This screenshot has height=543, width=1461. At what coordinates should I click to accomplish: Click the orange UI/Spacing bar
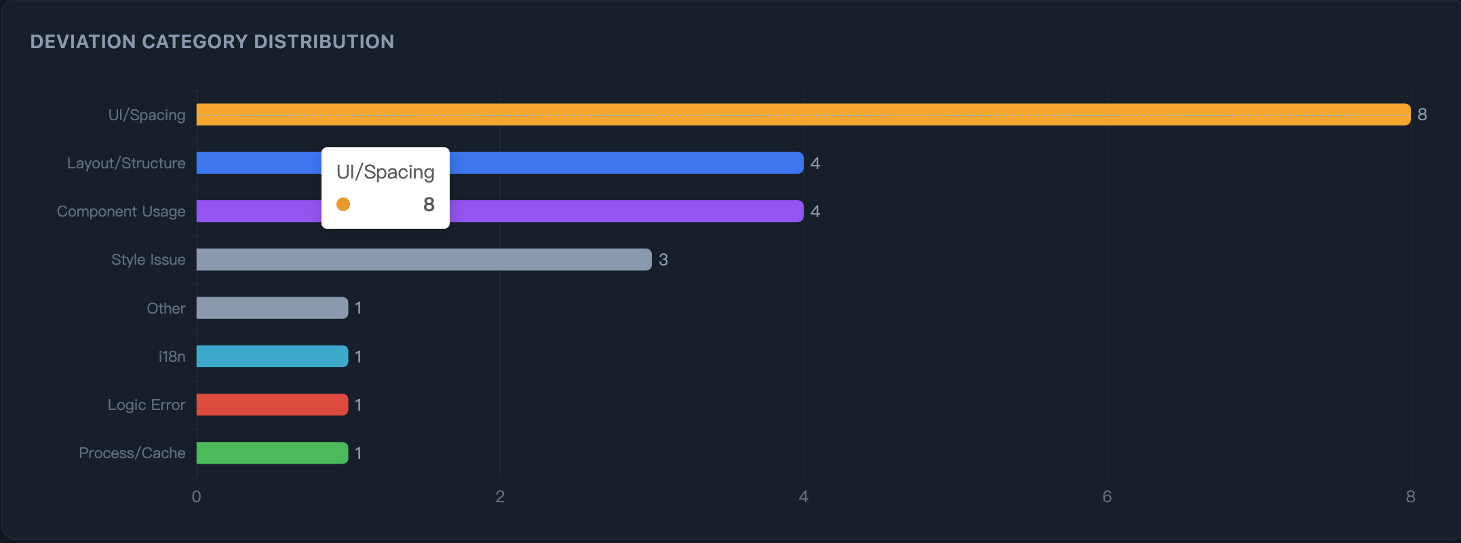803,115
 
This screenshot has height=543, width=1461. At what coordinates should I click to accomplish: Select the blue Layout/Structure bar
624,163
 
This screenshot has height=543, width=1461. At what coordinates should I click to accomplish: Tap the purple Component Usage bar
624,211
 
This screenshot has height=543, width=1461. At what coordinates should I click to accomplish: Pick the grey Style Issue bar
424,259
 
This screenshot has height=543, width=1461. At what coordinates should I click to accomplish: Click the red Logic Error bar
272,405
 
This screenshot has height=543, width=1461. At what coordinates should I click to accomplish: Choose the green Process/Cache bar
272,453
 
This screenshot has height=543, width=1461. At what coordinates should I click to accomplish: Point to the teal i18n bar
272,356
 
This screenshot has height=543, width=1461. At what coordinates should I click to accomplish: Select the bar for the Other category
272,308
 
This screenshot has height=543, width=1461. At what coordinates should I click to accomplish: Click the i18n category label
172,356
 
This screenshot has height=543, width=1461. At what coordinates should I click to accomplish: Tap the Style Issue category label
148,259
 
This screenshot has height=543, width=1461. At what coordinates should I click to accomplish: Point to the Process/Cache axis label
132,453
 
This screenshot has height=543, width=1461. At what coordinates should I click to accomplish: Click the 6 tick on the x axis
1107,497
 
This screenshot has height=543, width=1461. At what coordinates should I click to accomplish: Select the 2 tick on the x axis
500,497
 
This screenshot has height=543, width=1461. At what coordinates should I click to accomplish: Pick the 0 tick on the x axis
196,497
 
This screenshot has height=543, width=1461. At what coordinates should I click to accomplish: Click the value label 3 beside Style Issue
663,259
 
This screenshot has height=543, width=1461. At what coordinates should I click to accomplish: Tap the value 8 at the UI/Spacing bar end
1422,115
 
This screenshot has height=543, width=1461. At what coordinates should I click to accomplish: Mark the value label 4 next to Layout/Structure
815,163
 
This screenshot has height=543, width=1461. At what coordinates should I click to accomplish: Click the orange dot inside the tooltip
343,204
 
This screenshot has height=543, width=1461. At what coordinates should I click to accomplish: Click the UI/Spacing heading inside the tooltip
385,172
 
